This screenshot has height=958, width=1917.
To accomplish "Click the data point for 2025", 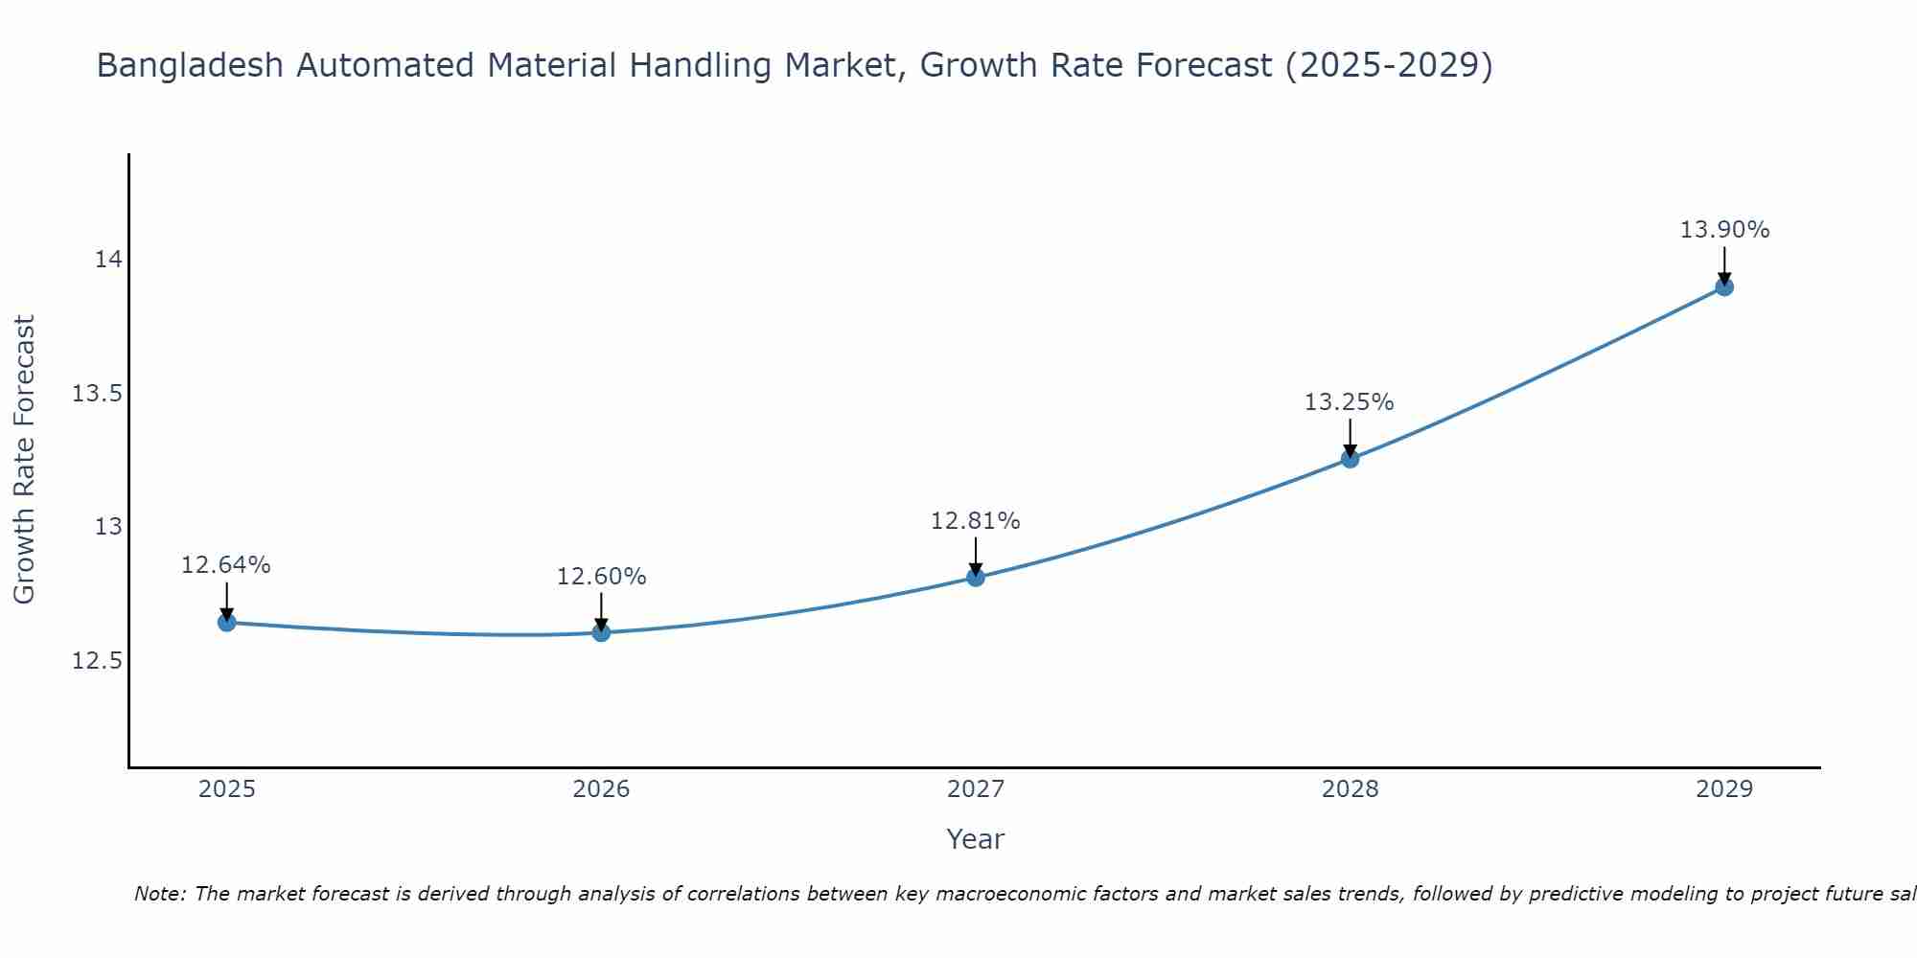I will point(226,623).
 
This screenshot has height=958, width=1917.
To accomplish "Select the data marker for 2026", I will point(601,632).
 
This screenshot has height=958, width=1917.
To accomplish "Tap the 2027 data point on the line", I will point(976,577).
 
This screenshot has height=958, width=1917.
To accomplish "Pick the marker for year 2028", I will point(1350,459).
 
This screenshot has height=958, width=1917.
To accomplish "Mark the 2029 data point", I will point(1724,286).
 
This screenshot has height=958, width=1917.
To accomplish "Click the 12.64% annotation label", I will point(226,565).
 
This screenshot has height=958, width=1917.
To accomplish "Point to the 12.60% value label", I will point(601,577).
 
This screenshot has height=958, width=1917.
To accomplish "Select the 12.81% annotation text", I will point(976,521).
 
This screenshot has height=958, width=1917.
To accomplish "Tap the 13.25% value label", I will point(1350,402).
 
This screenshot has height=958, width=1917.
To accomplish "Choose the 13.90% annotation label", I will point(1724,230).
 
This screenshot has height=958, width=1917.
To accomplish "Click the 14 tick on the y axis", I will point(107,260).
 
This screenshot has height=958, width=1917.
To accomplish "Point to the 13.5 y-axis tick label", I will point(97,394).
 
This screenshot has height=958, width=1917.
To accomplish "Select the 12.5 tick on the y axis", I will point(97,661).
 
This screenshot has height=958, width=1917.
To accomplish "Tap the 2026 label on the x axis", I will point(601,789).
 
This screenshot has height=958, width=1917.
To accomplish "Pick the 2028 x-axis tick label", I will point(1350,789).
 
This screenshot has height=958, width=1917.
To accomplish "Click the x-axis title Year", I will point(975,839).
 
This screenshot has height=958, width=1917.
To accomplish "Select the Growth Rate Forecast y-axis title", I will point(24,460).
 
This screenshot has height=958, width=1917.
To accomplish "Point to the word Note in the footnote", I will point(158,894).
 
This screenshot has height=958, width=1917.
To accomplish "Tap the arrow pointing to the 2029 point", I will point(1724,264).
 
